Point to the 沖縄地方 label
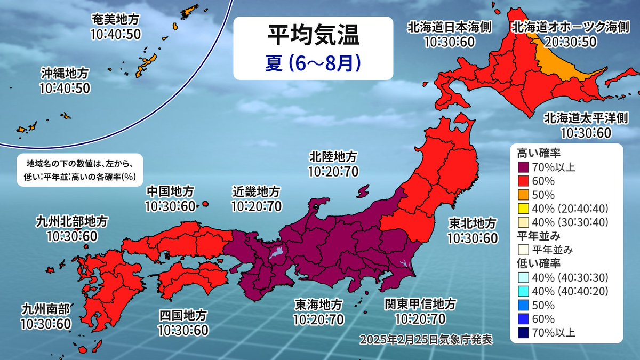click(64, 73)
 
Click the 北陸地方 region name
click(333, 157)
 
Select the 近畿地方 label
click(256, 190)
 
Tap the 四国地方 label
click(182, 316)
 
